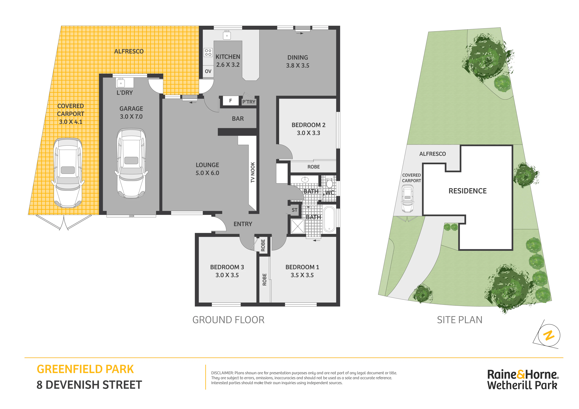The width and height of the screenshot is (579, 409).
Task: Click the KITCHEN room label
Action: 228,57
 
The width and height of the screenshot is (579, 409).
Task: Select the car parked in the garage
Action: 131,163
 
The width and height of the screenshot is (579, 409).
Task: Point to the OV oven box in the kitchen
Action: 208,71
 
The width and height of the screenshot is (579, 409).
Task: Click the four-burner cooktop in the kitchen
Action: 208,52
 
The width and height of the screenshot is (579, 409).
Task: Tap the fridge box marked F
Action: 230,101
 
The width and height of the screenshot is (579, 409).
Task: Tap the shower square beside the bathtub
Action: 298,226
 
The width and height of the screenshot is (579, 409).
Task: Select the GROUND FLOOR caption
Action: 228,320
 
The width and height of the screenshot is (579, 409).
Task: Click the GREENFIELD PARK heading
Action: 85,369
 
